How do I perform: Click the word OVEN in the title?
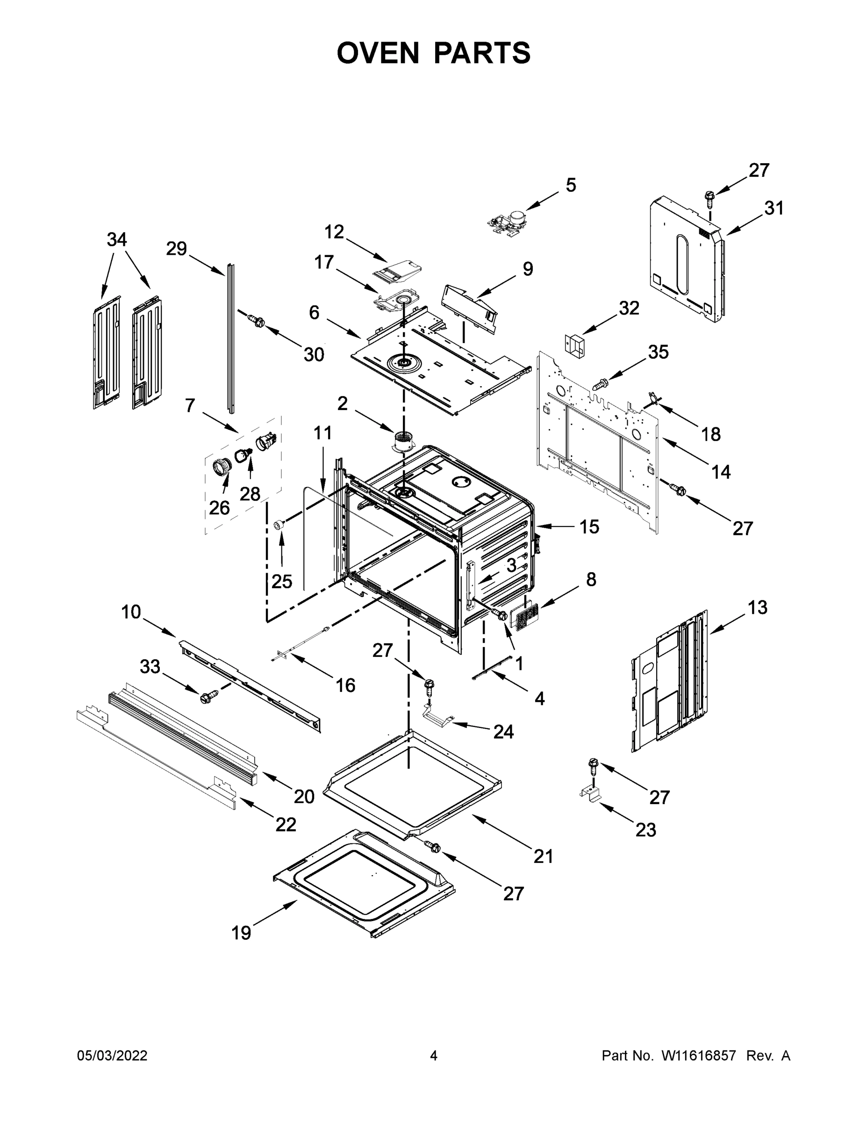(x=378, y=53)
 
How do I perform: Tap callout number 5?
(x=571, y=185)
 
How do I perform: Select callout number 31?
(x=774, y=208)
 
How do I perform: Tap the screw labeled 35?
(x=601, y=383)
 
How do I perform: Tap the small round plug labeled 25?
(x=279, y=525)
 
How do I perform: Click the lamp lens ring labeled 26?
(x=222, y=467)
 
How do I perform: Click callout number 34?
(x=116, y=239)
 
